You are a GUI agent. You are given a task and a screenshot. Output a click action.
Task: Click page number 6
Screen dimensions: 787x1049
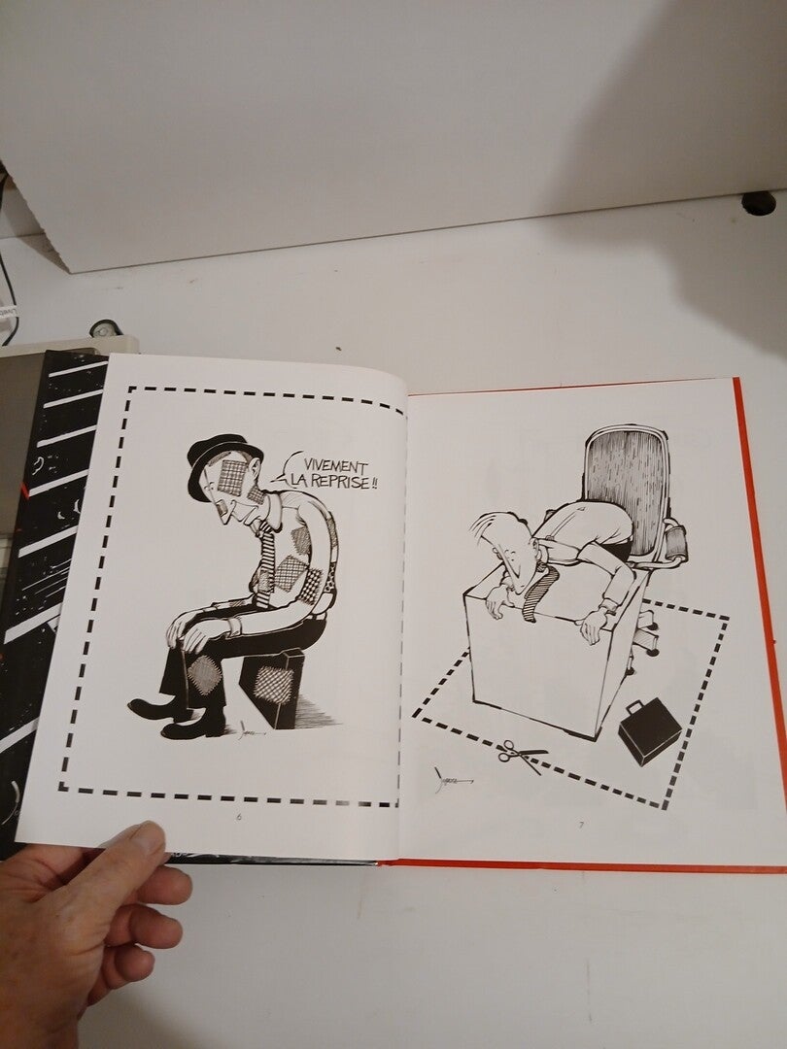pyautogui.click(x=239, y=816)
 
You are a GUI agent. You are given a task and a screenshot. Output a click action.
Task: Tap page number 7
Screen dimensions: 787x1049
pyautogui.click(x=581, y=825)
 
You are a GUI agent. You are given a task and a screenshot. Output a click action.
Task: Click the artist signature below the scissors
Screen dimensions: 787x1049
pyautogui.click(x=451, y=779)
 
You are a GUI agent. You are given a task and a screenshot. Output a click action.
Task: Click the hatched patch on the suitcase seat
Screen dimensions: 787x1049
pyautogui.click(x=274, y=686)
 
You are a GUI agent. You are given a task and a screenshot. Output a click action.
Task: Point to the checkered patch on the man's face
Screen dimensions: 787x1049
pyautogui.click(x=232, y=477)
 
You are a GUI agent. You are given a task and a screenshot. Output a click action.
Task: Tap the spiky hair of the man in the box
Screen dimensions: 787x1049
pyautogui.click(x=496, y=528)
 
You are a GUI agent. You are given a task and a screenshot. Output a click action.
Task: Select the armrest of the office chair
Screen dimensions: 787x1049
pyautogui.click(x=674, y=541)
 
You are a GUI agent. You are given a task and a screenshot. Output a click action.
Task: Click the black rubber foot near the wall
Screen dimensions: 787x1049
pyautogui.click(x=759, y=203)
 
